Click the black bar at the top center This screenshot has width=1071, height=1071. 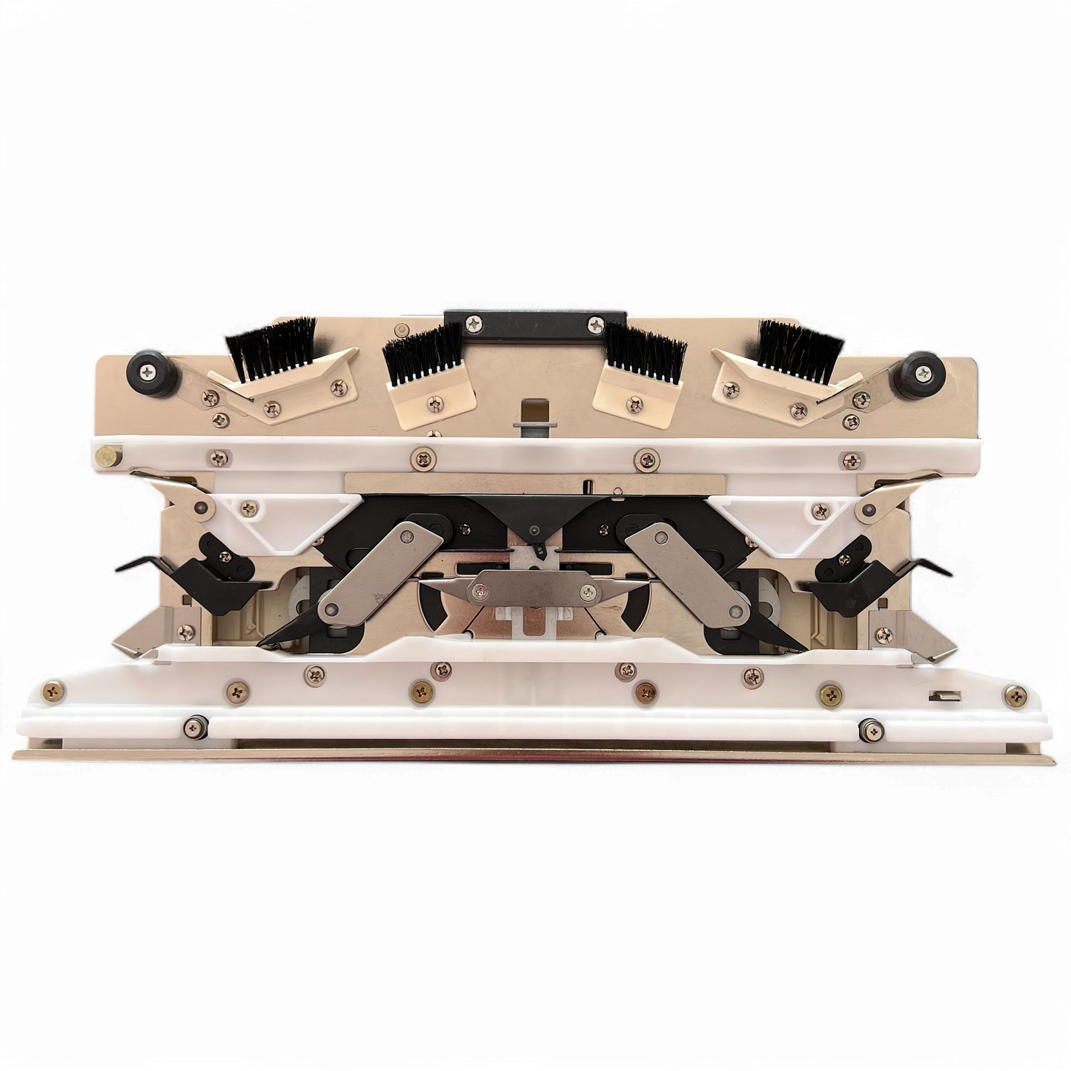534,323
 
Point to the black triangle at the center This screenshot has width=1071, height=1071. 533,515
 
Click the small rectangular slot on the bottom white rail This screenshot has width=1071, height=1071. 942,695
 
